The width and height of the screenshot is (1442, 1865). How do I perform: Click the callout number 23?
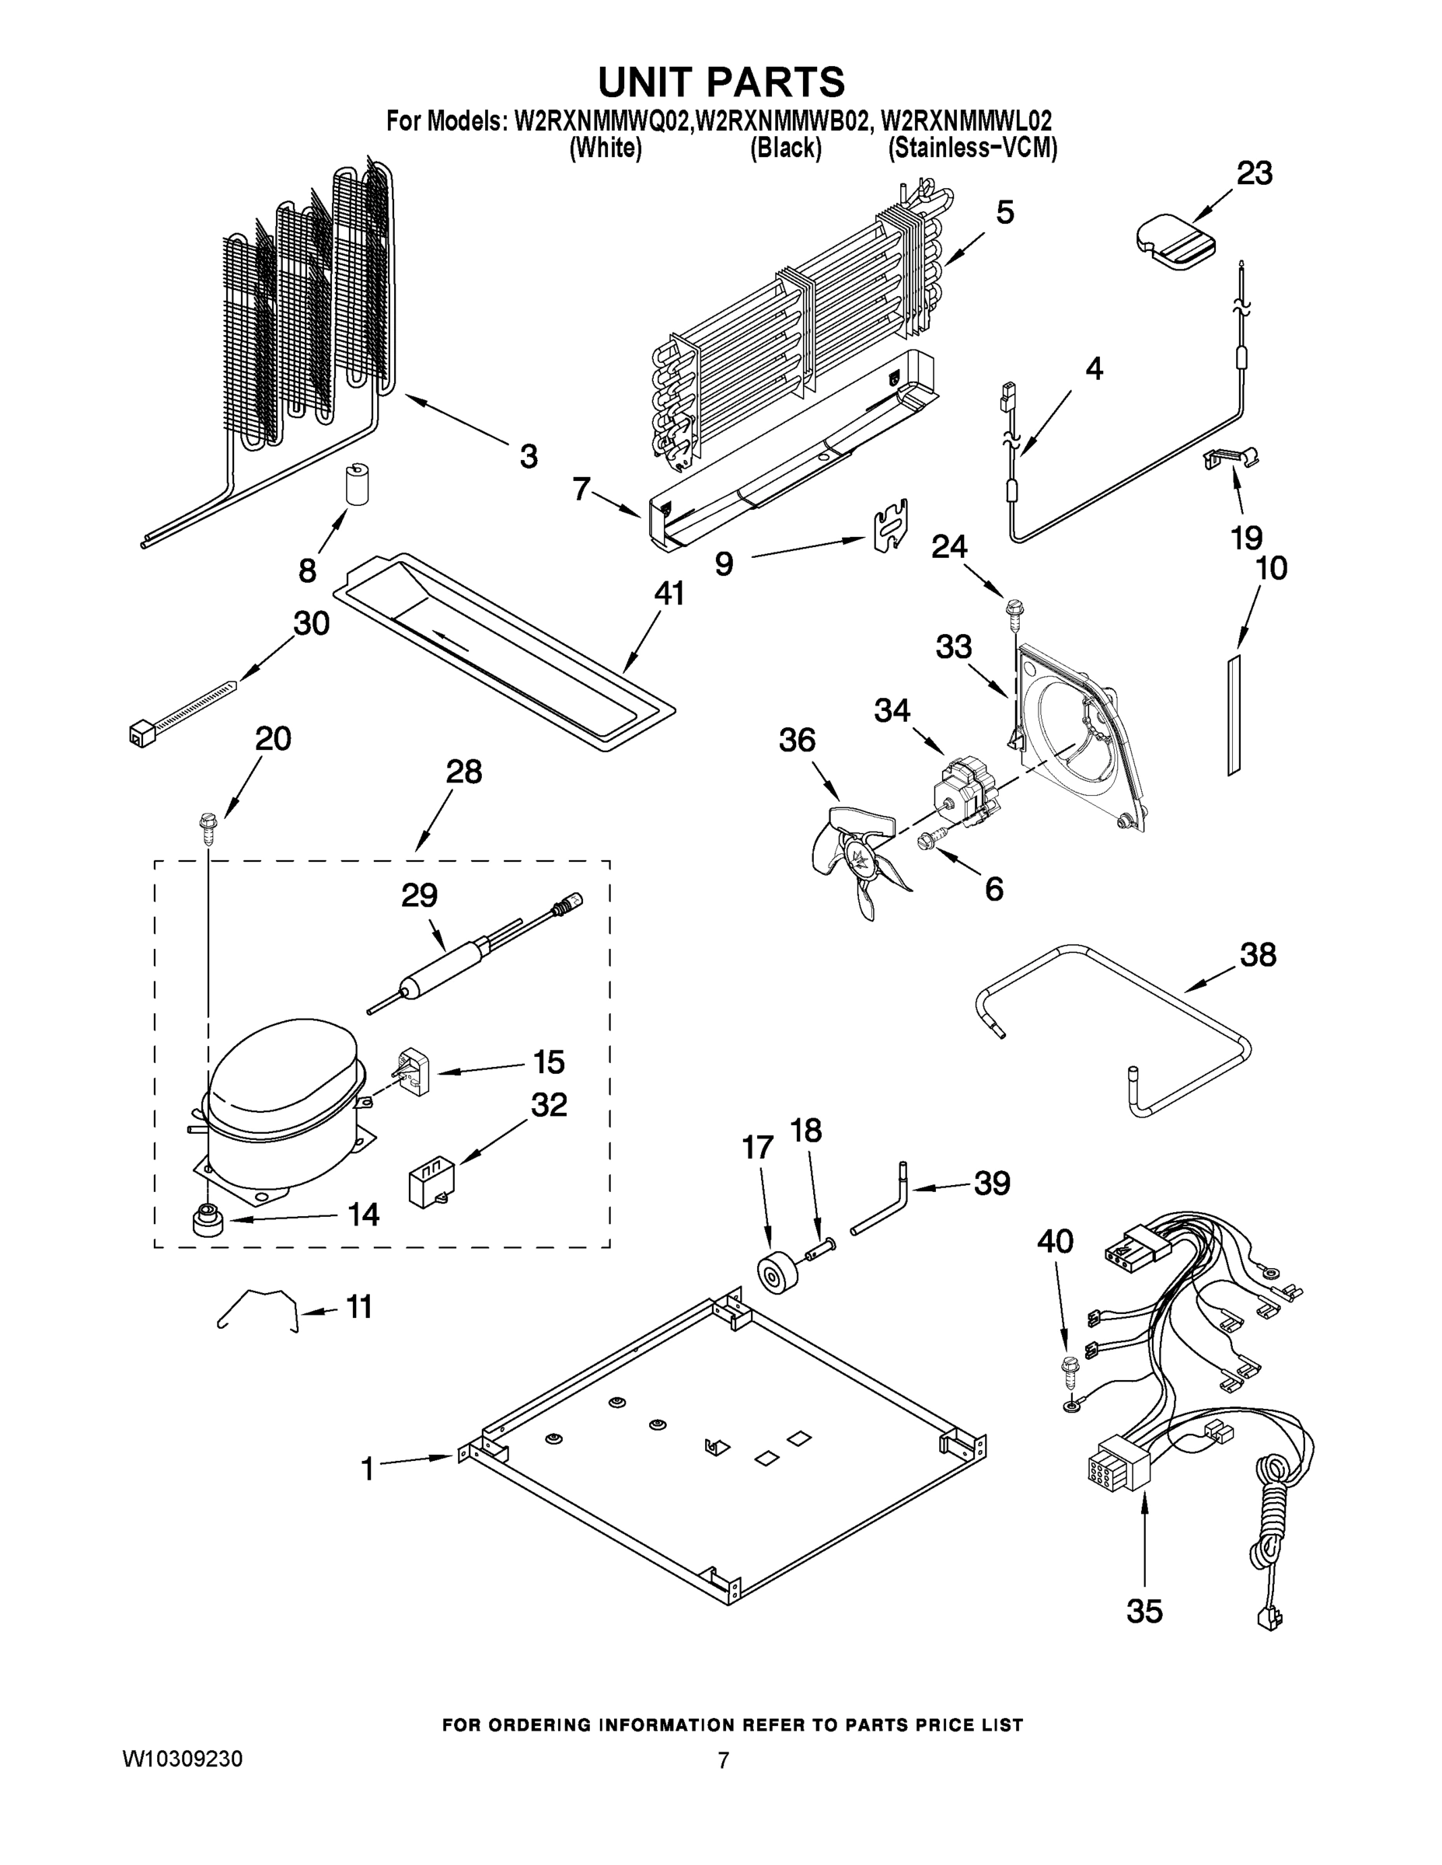pyautogui.click(x=1254, y=173)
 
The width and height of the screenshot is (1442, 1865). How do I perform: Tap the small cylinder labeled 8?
pyautogui.click(x=354, y=485)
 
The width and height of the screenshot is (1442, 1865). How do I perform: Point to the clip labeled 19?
pyautogui.click(x=1230, y=458)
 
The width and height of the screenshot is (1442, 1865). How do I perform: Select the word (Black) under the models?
pyautogui.click(x=785, y=148)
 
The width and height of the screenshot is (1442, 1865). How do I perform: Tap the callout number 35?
pyautogui.click(x=1143, y=1611)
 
